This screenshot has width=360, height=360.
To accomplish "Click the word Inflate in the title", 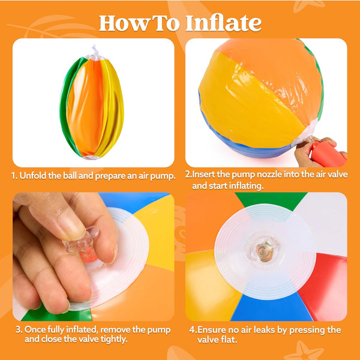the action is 223,23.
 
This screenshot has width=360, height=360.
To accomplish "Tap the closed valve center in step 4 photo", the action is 265,251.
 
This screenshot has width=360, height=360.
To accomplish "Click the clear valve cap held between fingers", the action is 83,241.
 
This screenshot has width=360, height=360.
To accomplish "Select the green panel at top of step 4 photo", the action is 271,200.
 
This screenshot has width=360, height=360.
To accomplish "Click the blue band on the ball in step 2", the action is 241,145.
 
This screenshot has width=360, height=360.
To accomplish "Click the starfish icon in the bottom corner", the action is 304,352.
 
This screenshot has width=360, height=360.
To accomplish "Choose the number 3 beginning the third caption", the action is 19,329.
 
